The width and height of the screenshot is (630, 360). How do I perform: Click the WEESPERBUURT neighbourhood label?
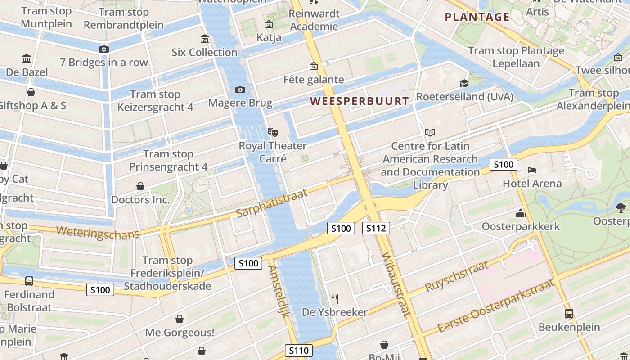(x=360, y=101)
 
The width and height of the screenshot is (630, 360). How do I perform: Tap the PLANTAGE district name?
(x=477, y=18)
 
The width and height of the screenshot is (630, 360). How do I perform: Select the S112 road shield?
(x=376, y=228)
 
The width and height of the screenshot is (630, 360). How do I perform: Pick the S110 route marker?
(x=298, y=351)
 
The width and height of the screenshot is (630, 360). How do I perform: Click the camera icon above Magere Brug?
(x=240, y=90)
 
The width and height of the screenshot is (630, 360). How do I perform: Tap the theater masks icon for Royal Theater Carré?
(x=272, y=132)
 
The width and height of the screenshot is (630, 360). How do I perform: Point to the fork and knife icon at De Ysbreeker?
(x=334, y=298)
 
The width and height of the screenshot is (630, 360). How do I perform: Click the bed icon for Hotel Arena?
(x=532, y=170)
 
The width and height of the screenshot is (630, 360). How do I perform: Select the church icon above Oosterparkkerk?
(x=521, y=213)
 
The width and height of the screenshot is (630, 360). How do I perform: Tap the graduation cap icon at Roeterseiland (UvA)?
(x=464, y=83)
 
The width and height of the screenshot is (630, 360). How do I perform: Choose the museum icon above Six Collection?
(x=205, y=39)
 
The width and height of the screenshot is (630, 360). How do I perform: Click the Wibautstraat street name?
(x=395, y=284)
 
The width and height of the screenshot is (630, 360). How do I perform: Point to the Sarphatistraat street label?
(x=272, y=202)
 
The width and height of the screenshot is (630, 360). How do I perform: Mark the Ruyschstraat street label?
(x=456, y=275)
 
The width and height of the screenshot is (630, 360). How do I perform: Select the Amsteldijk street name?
(x=279, y=292)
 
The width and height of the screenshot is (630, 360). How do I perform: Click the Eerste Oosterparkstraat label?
(x=495, y=306)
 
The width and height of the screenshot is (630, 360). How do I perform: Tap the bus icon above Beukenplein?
(x=569, y=313)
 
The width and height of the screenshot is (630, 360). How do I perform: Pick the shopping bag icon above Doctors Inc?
(x=140, y=186)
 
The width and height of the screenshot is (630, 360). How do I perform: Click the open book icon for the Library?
(x=430, y=132)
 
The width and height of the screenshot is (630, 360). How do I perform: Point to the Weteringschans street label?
(x=98, y=233)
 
